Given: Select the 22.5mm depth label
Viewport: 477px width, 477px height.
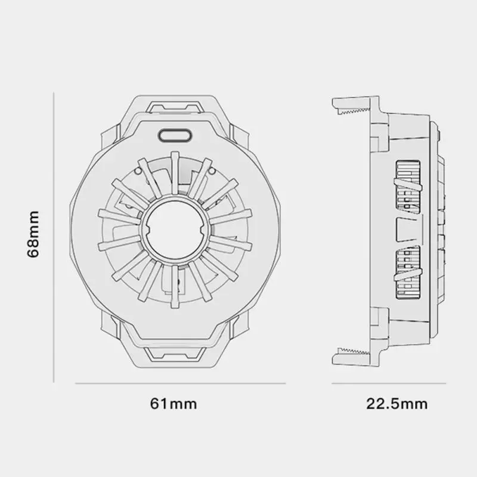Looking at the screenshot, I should pyautogui.click(x=397, y=404).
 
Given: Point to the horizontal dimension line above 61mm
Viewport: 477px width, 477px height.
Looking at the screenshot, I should pyautogui.click(x=180, y=383).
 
